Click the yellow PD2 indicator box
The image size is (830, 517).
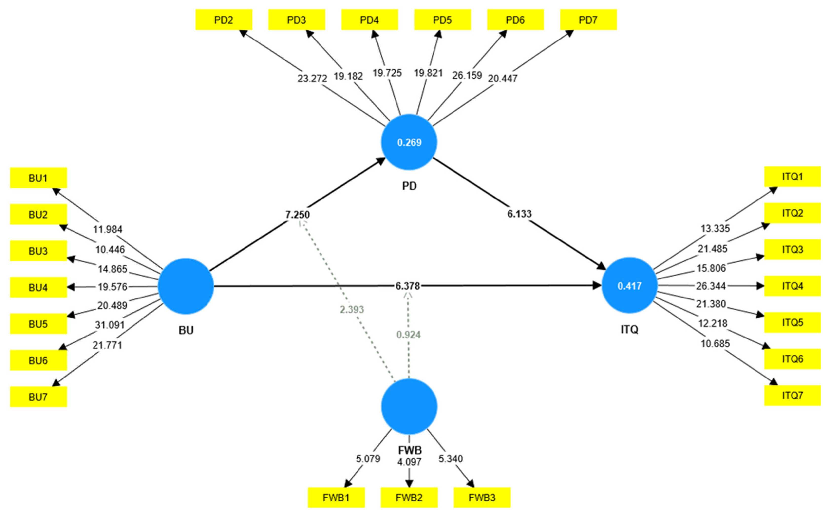(x=224, y=20)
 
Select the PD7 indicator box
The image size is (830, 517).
(x=588, y=20)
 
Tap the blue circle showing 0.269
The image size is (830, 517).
(x=409, y=142)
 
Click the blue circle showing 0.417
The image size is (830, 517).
(x=629, y=285)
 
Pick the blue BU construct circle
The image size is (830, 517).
(x=186, y=286)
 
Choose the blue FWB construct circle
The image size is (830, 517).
(x=409, y=406)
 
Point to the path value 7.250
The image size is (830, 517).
(x=297, y=215)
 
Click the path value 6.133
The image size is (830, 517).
(x=519, y=214)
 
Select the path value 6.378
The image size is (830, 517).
(x=407, y=286)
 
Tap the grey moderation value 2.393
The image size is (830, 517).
(x=352, y=309)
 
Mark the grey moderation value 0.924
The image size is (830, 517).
(x=408, y=335)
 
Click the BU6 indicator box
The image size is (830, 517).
(x=38, y=360)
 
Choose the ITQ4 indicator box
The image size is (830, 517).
(x=792, y=286)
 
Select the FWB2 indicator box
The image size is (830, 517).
(x=409, y=497)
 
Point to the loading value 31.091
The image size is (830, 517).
(x=110, y=325)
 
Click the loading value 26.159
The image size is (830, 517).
(x=467, y=75)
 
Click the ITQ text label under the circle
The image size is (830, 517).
(x=629, y=329)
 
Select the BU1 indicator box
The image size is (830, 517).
(x=38, y=178)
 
